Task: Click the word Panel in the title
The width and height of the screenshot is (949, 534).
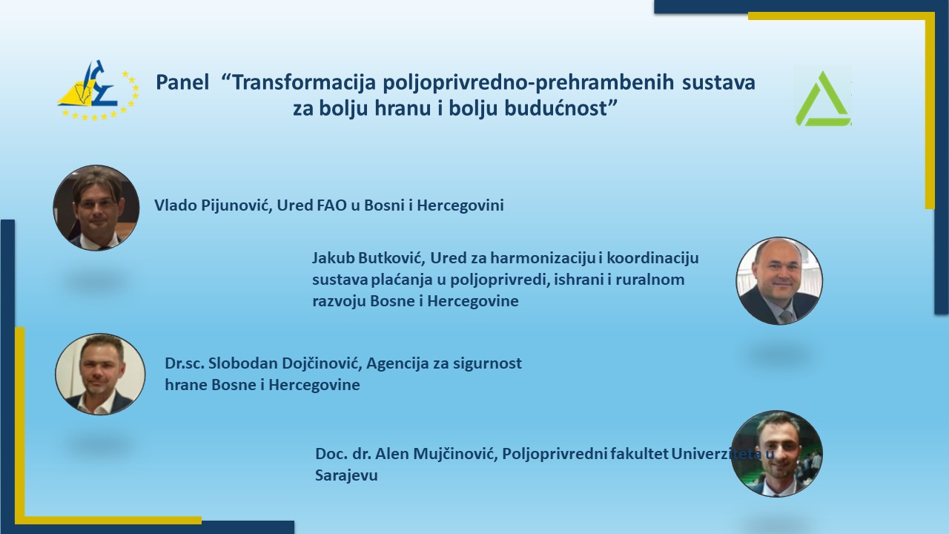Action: [x=182, y=82]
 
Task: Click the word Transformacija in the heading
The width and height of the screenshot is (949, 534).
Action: [x=304, y=82]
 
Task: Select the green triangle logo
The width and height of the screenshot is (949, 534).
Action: [x=822, y=99]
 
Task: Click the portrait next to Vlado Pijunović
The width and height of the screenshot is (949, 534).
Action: [x=96, y=208]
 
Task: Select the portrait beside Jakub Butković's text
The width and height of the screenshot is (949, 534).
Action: [x=779, y=281]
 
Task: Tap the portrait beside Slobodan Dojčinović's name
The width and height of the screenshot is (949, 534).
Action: [x=100, y=375]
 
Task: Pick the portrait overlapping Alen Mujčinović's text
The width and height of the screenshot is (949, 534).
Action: [x=776, y=454]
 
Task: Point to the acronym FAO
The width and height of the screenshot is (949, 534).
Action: [x=331, y=205]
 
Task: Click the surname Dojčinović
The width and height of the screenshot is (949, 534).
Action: [x=322, y=363]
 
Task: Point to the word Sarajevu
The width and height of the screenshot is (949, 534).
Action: [x=346, y=476]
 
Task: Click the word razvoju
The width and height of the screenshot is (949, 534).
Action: [x=339, y=301]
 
